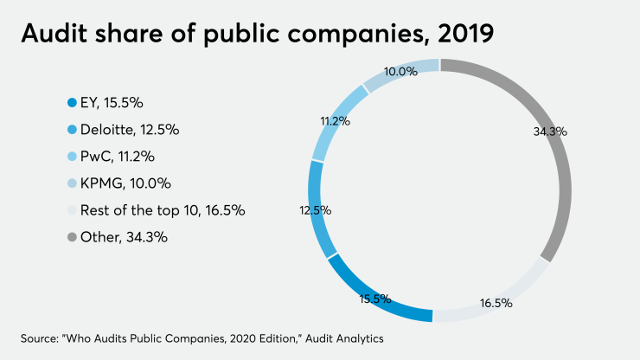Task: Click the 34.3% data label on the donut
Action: [x=550, y=132]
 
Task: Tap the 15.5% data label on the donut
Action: [x=375, y=299]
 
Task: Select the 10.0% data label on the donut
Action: [x=401, y=72]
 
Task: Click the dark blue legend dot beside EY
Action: [x=72, y=103]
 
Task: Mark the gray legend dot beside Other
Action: [x=72, y=237]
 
